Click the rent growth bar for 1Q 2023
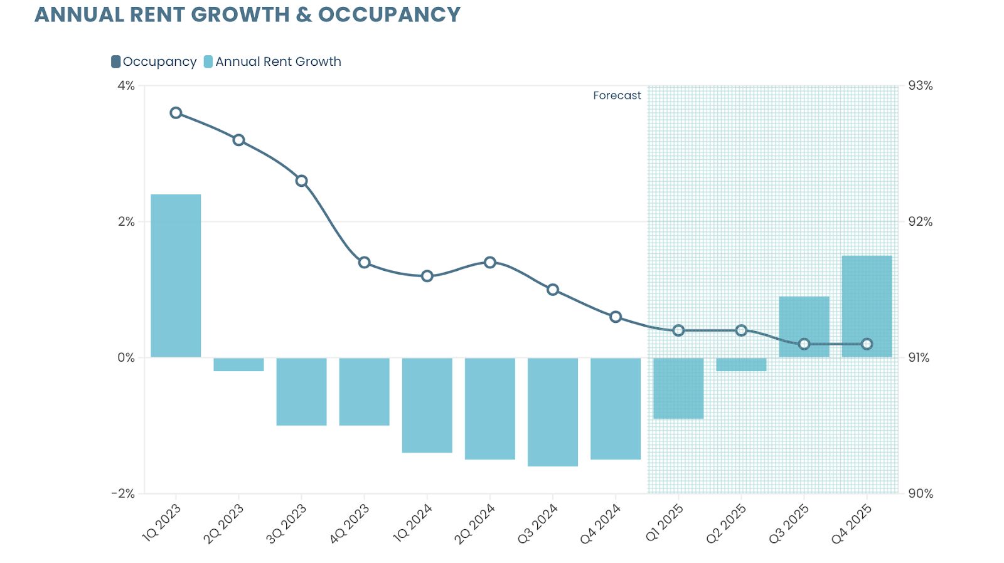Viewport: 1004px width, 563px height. [176, 276]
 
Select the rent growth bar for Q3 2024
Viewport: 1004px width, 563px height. [553, 412]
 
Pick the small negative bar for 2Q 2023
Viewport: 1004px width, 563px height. [238, 364]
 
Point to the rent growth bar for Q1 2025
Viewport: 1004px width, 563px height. [678, 388]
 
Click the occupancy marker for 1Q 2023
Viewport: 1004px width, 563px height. [176, 113]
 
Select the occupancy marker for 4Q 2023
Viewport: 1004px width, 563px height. [365, 262]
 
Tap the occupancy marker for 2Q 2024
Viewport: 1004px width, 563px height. [490, 262]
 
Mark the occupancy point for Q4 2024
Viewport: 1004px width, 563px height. [616, 317]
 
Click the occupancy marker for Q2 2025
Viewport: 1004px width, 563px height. [741, 330]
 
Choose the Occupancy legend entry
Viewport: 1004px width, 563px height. [154, 61]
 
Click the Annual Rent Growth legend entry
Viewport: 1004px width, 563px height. [273, 61]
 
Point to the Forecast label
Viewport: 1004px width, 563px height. [617, 95]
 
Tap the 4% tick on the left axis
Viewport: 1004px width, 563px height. [126, 85]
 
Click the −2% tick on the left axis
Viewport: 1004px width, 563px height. [124, 493]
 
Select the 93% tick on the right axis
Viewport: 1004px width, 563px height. [921, 85]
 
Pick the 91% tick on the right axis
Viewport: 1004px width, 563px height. [919, 357]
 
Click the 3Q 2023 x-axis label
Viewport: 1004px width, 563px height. [287, 524]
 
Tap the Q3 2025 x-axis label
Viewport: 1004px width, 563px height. [789, 524]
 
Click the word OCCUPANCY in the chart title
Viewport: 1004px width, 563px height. [389, 14]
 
